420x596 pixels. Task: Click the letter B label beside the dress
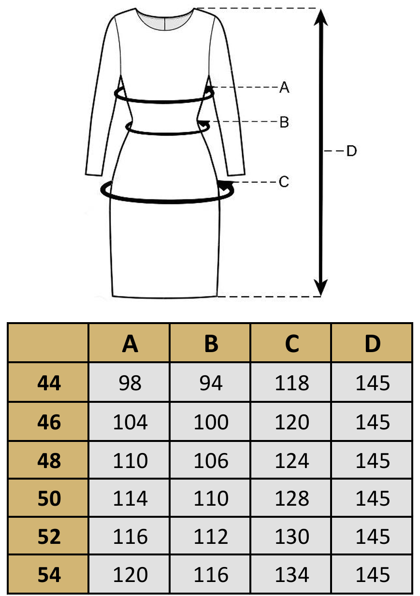284,122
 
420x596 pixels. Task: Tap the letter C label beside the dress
284,182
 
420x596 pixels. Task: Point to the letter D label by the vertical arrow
351,151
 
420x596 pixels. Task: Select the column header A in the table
130,343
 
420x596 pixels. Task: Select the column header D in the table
372,343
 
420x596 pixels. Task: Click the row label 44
49,383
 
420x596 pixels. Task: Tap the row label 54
49,575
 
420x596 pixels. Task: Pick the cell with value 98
130,383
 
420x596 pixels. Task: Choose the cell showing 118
291,383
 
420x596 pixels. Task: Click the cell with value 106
211,460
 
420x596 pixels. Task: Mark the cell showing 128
291,498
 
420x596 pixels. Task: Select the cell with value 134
291,575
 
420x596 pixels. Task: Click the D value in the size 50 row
372,498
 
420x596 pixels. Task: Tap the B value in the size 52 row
211,537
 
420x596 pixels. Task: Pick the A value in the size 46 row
130,422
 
